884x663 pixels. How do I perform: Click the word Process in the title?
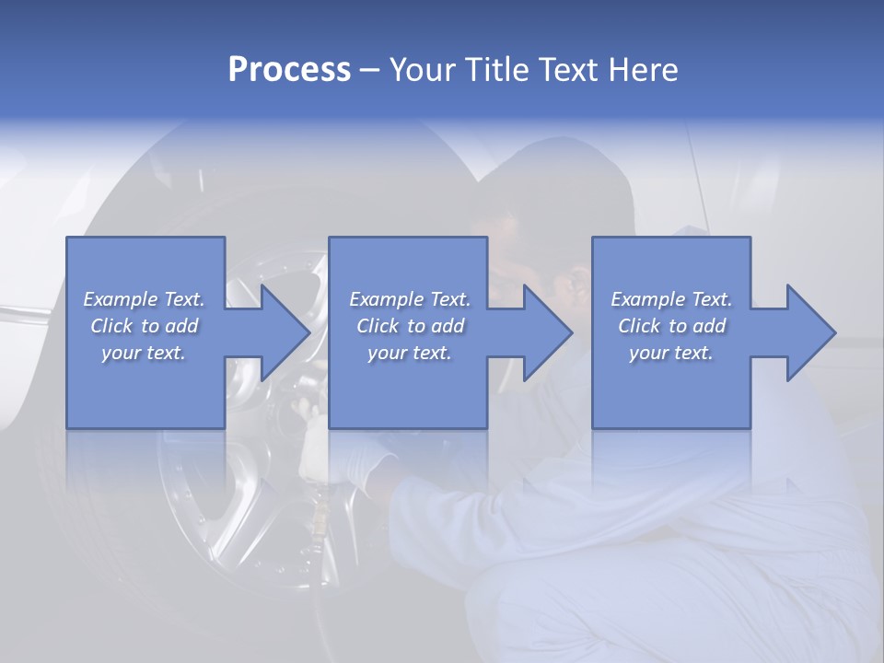[x=289, y=70]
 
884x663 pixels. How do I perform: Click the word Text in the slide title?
[x=568, y=70]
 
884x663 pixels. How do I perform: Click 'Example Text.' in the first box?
[x=144, y=299]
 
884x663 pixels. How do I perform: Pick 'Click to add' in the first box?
[x=144, y=326]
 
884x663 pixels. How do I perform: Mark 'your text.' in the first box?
[x=144, y=353]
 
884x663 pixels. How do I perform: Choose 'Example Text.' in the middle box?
[x=410, y=299]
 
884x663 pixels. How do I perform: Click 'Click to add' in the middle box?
[x=410, y=326]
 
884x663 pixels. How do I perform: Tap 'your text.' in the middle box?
[x=410, y=353]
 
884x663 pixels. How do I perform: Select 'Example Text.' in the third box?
[x=671, y=299]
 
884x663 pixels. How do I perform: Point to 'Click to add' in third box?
[x=671, y=326]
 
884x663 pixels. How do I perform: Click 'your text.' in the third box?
[x=671, y=353]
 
